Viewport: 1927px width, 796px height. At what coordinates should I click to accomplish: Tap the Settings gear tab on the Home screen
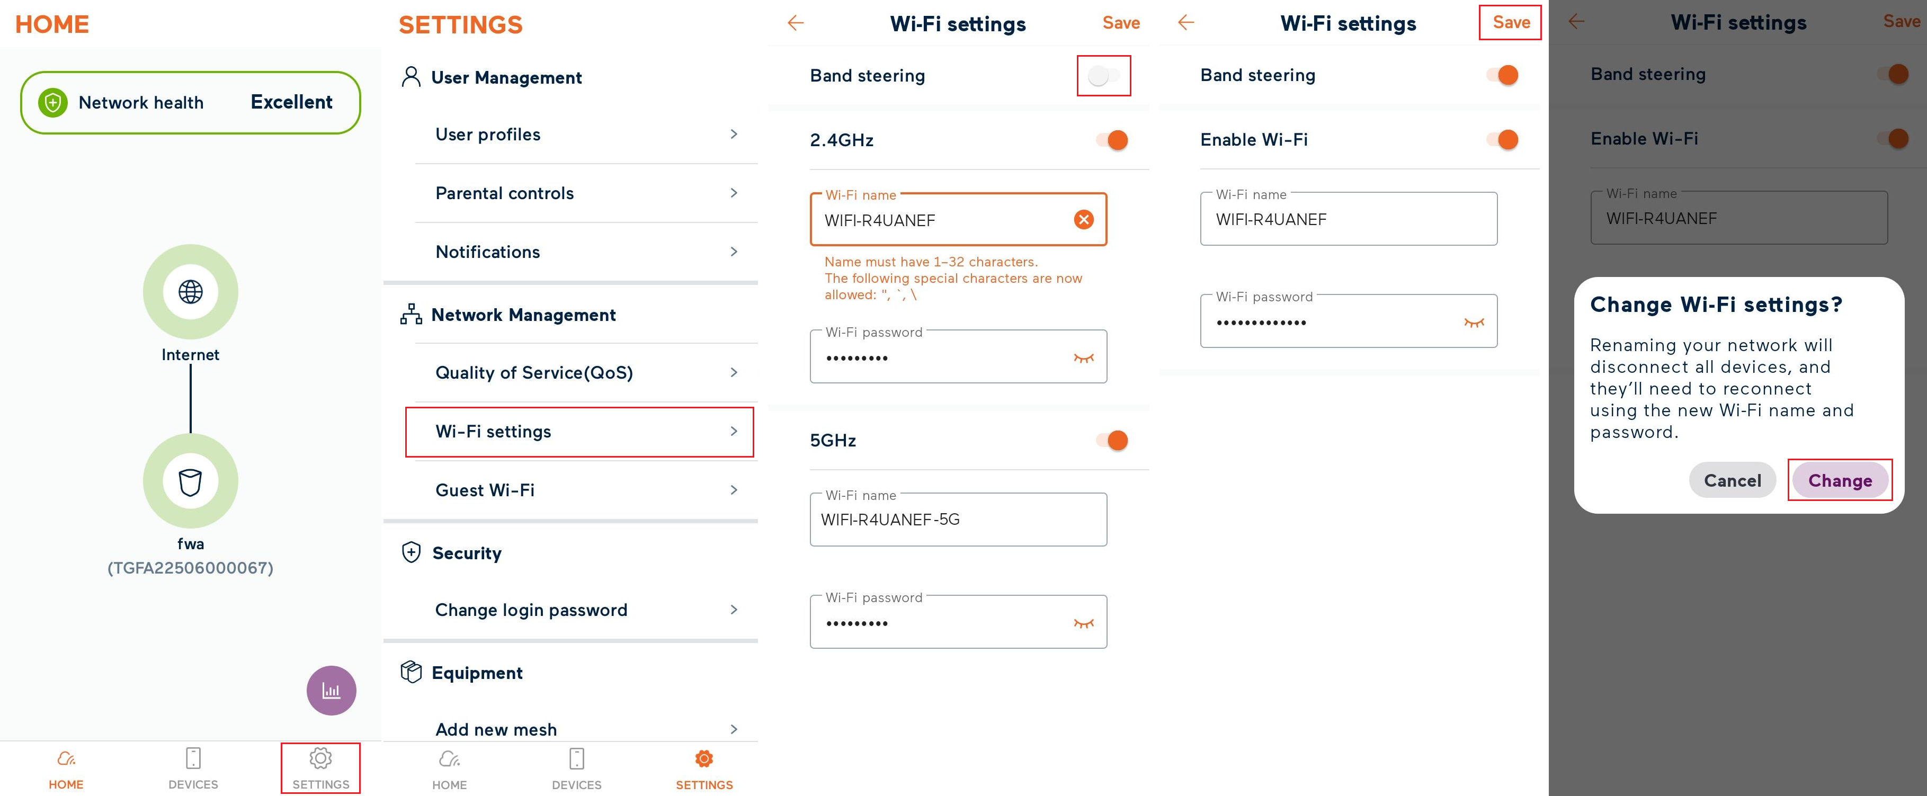coord(320,767)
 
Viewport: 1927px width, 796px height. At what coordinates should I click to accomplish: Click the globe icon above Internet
coord(191,291)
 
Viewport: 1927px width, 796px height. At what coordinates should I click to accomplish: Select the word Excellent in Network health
coord(291,103)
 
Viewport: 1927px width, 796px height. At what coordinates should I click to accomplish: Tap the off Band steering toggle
coord(1103,76)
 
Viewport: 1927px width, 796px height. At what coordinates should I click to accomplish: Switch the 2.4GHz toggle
coord(1112,140)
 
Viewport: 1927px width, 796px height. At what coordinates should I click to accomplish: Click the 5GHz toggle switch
coord(1112,440)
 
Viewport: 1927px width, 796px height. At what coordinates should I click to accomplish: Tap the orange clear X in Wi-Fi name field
coord(1083,219)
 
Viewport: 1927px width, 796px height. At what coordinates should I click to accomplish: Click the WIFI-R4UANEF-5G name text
coord(890,519)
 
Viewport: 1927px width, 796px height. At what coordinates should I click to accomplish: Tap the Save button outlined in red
coord(1510,22)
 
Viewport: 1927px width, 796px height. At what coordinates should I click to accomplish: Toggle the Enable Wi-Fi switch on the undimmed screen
coord(1503,139)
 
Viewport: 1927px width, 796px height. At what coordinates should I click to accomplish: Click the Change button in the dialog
coord(1840,480)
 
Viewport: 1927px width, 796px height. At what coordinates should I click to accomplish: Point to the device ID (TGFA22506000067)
coord(191,568)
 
